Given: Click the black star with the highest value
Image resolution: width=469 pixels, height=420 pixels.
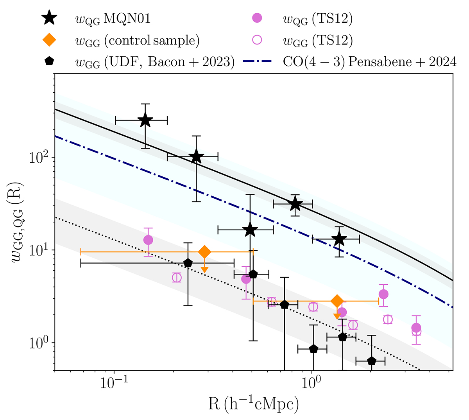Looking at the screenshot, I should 145,120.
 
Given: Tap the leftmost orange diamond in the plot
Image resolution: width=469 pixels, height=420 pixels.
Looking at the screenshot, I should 204,252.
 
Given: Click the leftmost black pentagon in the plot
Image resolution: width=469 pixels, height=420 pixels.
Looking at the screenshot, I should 188,263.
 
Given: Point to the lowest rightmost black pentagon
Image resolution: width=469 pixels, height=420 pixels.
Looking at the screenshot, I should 371,361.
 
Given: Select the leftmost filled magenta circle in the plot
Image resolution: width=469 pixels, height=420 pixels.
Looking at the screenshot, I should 148,240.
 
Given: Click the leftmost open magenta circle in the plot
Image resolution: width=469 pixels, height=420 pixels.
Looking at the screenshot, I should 177,278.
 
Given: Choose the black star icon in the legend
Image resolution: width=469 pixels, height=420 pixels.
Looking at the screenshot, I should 50,19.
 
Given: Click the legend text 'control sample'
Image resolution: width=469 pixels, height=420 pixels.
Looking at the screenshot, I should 152,41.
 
